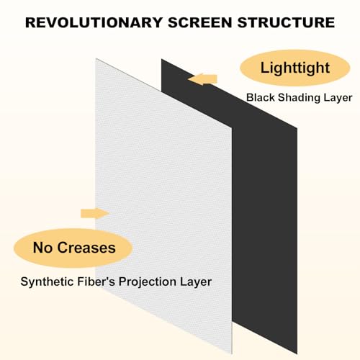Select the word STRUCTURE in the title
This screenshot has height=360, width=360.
click(x=290, y=22)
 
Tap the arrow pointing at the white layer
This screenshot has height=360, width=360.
click(x=95, y=212)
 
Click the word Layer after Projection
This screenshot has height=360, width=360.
click(x=196, y=282)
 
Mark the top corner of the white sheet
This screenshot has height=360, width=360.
click(x=96, y=58)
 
